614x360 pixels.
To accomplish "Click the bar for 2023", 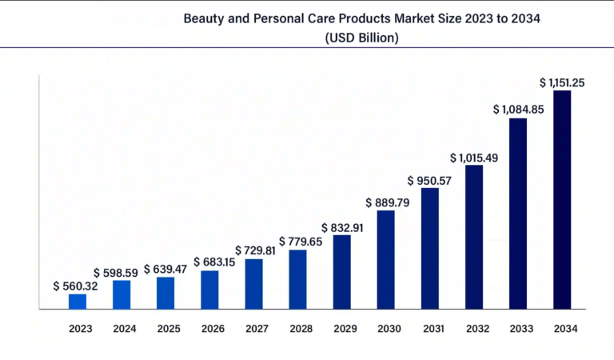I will click(78, 301).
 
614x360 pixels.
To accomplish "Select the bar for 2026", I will click(209, 290).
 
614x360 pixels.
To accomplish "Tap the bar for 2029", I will click(342, 271).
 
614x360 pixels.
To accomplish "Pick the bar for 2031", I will click(430, 248).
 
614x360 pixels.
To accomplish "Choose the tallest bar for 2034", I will click(562, 199).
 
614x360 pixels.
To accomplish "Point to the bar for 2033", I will click(518, 213).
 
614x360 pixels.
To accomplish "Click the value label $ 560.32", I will click(75, 286).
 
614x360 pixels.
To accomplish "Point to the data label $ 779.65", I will click(301, 241).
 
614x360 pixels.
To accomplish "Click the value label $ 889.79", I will click(387, 202).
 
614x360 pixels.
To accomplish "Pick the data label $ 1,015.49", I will click(474, 158).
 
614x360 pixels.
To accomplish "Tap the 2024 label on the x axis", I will click(125, 328).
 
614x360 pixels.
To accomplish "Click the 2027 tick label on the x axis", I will click(256, 328).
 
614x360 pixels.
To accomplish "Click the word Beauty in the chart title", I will click(204, 18).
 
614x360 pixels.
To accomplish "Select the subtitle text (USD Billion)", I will click(362, 38).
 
